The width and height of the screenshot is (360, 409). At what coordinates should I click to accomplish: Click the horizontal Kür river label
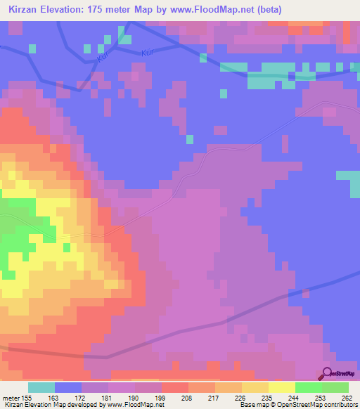(x=147, y=52)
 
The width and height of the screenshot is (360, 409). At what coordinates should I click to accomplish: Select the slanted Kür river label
(x=103, y=59)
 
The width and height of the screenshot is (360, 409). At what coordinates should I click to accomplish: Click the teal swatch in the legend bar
(x=41, y=387)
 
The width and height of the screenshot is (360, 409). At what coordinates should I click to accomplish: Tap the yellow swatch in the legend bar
(x=282, y=387)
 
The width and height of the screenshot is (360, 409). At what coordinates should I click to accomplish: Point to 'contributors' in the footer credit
(x=337, y=405)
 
